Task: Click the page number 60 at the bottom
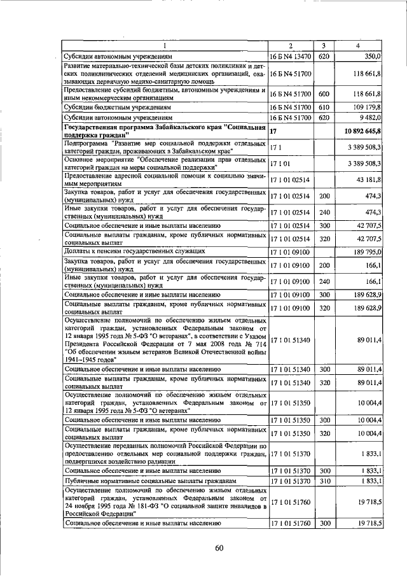219,548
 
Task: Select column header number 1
165,45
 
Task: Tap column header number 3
323,45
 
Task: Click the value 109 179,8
368,107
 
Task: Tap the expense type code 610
323,107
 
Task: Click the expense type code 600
323,94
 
